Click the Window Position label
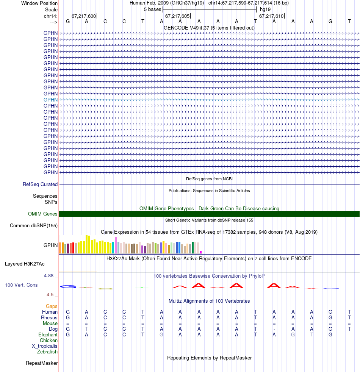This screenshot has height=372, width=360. point(39,3)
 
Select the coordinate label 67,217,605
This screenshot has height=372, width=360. point(177,16)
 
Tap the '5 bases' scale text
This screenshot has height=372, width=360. point(152,9)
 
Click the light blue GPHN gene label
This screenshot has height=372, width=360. point(50,100)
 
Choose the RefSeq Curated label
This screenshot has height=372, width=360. point(40,184)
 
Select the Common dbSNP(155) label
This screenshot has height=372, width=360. point(34,226)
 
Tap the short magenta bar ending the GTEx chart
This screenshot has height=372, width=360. point(201,252)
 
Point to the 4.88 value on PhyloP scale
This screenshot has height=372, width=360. point(49,276)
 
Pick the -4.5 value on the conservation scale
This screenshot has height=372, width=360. point(49,294)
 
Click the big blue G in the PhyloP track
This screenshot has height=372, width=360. point(69,286)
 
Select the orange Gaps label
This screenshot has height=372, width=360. point(52,306)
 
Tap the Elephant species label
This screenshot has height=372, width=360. point(48,335)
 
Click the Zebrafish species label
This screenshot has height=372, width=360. point(47,352)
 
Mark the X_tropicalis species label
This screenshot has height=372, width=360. point(45,346)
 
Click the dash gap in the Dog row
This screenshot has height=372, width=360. point(274,329)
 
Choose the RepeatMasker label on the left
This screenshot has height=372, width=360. point(42,363)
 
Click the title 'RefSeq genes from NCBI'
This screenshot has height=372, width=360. point(209,179)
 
